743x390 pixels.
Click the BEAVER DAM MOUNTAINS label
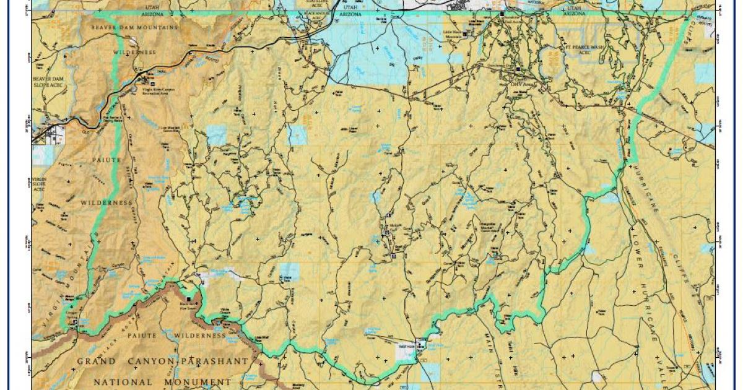pos(134,28)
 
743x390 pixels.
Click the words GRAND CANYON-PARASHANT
pos(162,360)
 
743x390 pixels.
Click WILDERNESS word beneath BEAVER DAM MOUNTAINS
pos(134,53)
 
